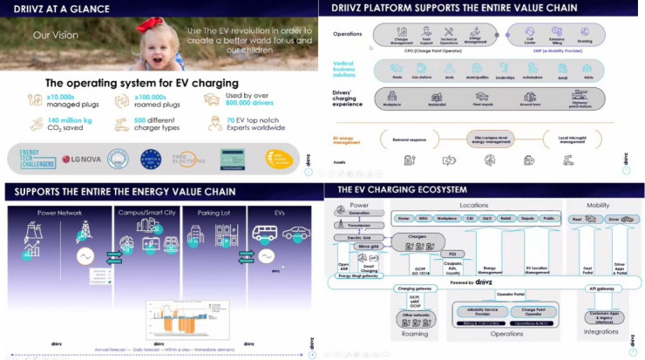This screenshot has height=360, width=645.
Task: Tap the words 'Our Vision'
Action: coord(51,37)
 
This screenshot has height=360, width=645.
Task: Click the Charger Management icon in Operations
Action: coord(403,32)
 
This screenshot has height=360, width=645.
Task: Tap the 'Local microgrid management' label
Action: coord(566,139)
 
